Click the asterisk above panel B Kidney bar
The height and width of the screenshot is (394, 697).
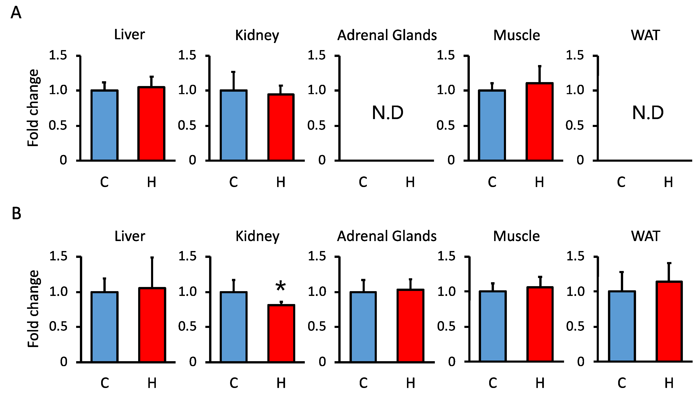[280, 286]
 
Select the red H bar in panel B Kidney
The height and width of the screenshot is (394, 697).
[281, 333]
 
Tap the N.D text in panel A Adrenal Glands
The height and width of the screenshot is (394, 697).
[388, 113]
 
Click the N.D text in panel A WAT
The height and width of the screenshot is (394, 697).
[648, 113]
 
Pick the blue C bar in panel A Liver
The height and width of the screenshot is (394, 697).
[104, 125]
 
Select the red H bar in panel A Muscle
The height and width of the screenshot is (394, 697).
[539, 122]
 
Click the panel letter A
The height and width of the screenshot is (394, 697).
[16, 13]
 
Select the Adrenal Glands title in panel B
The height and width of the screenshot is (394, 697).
[387, 236]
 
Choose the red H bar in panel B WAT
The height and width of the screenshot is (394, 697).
[669, 321]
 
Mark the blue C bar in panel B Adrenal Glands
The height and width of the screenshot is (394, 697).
[363, 327]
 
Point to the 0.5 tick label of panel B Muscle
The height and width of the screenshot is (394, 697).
[446, 327]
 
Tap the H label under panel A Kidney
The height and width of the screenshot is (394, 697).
[281, 182]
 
